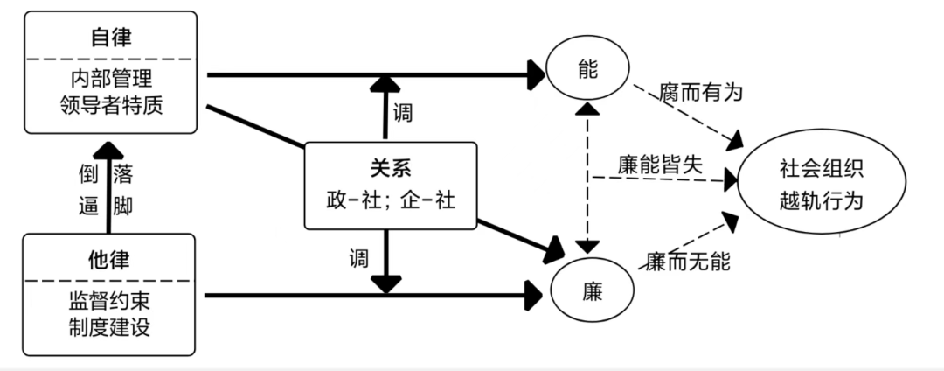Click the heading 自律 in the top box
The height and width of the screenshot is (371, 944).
111,38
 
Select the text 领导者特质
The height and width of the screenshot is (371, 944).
111,105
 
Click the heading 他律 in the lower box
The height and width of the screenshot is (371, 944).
109,260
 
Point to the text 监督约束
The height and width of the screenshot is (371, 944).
109,302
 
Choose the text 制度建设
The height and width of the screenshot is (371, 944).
109,327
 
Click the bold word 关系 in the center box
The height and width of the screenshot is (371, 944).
390,169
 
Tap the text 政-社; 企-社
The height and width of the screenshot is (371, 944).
390,200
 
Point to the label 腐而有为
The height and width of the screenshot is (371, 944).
701,93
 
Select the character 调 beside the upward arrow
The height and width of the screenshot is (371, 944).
403,113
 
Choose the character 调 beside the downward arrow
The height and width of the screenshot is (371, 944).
358,259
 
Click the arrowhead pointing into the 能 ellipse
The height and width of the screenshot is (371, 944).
535,74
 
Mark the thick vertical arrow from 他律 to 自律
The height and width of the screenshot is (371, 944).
109,187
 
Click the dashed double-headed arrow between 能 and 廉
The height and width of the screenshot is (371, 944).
587,178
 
